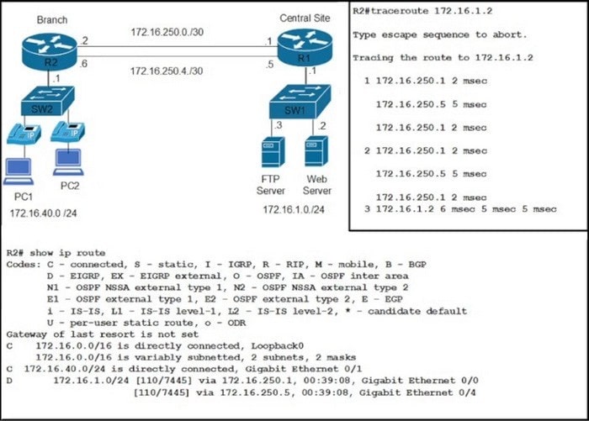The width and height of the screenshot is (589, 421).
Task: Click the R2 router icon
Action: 49,51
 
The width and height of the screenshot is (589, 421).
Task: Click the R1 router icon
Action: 305,48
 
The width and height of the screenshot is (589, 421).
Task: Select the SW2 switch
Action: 47,101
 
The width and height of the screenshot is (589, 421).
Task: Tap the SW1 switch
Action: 300,102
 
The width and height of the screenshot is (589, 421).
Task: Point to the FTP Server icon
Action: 273,152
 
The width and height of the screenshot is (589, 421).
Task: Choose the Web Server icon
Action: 316,151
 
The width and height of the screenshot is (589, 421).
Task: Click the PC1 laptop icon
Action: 19,171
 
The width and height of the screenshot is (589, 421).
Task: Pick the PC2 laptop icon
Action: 68,162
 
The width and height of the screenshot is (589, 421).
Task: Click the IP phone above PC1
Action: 24,134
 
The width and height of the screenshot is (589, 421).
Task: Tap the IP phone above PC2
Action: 67,131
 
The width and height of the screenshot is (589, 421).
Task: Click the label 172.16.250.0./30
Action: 167,32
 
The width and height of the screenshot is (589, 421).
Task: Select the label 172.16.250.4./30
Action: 167,71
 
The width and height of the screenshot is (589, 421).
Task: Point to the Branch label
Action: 52,19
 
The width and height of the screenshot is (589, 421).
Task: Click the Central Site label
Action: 305,18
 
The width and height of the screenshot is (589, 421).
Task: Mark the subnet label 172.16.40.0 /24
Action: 43,213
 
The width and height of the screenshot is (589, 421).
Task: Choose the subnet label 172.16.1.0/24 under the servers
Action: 294,209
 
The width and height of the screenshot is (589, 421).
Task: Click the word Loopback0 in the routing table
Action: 277,345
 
